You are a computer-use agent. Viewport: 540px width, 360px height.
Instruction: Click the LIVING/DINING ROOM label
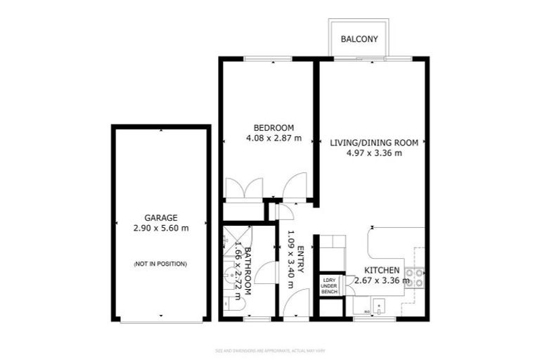tap(374, 142)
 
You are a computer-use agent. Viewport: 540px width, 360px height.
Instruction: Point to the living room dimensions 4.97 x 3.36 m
tap(374, 153)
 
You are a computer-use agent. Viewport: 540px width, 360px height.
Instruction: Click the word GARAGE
tap(161, 217)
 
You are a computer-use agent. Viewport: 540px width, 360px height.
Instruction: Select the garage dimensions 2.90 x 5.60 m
tap(161, 229)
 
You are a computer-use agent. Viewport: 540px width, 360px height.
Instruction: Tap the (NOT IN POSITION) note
tap(161, 264)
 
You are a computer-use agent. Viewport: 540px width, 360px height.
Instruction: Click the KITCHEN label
tap(382, 270)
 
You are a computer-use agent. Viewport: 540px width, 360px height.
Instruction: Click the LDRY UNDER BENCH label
tap(330, 286)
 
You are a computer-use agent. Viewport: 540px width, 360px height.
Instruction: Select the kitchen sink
tap(379, 306)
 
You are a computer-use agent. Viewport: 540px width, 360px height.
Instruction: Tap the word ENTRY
tap(301, 259)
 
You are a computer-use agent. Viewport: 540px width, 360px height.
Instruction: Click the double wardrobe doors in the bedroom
tap(244, 188)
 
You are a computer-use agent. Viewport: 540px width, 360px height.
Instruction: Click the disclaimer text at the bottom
tap(270, 349)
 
